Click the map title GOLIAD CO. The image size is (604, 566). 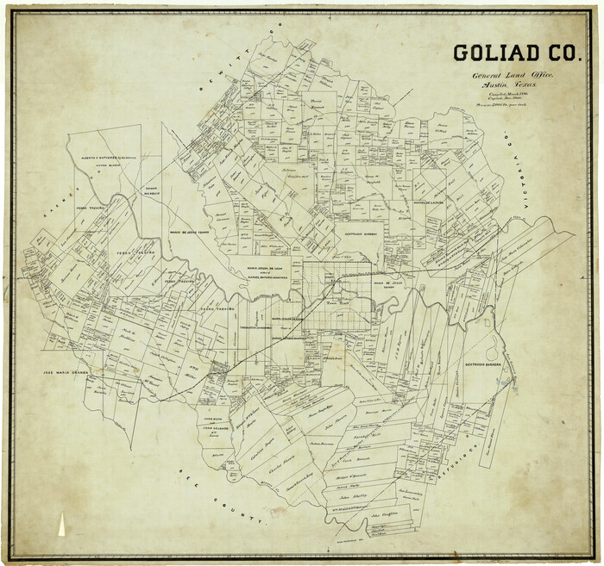[516, 53]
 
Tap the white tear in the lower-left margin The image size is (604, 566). [63, 523]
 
